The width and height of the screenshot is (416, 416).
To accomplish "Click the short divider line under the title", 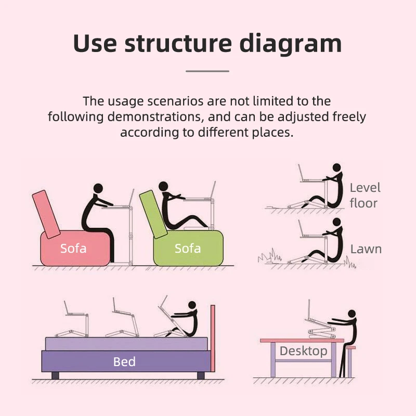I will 207,71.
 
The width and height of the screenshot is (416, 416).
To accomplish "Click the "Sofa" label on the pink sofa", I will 73,248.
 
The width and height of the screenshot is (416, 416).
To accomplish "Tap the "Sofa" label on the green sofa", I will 188,248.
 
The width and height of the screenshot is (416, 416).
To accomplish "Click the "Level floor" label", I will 365,195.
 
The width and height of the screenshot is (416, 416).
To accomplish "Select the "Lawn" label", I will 366,249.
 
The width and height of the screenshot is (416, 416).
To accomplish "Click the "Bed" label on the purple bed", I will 124,361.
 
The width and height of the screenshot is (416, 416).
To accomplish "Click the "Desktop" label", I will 303,351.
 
